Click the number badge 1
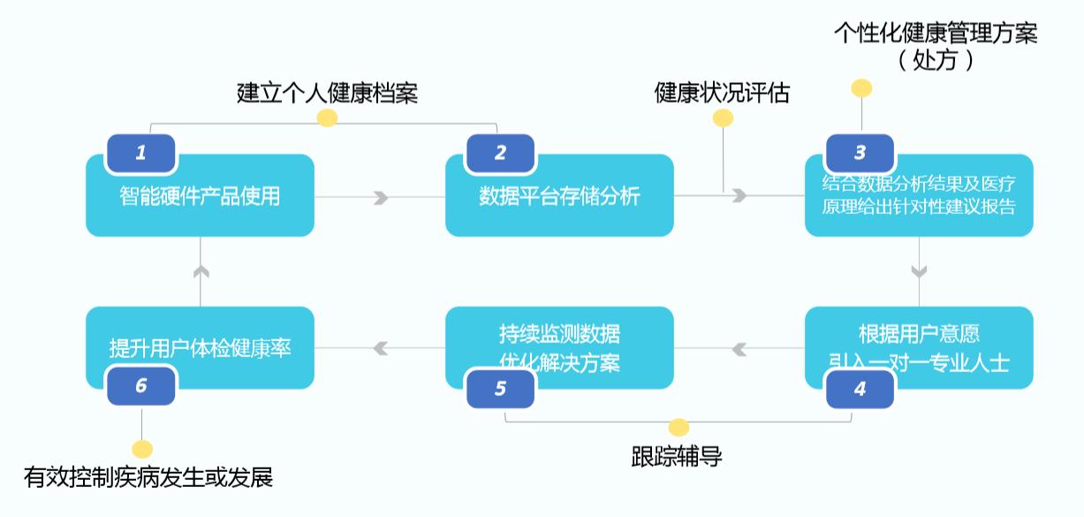tap(140, 153)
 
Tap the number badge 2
tap(500, 153)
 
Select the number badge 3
tap(860, 153)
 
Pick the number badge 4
tap(860, 388)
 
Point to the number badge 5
tap(500, 388)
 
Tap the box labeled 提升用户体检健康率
tap(200, 348)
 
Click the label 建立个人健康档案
tap(327, 93)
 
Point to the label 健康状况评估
tap(722, 93)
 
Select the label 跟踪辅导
tap(678, 457)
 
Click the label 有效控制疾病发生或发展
tap(148, 478)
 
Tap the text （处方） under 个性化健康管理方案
tap(936, 61)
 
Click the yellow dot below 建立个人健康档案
tap(327, 118)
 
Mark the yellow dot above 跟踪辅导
tap(678, 428)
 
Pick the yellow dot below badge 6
tap(141, 449)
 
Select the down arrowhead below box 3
tap(919, 270)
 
